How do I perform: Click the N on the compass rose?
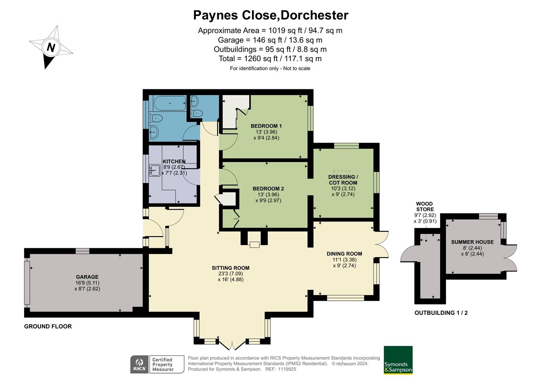click(51, 47)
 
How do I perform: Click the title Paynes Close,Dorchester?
click(270, 15)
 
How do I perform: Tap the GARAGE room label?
click(87, 277)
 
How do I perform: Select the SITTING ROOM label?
click(231, 268)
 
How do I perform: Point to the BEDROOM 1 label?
click(266, 126)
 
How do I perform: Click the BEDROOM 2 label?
click(268, 189)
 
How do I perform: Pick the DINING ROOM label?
click(344, 254)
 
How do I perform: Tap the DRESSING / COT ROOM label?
click(343, 180)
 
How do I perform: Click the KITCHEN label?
click(174, 161)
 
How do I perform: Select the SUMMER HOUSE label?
click(472, 242)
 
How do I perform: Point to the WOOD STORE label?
click(425, 206)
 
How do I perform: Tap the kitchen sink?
click(155, 170)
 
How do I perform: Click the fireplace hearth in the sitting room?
click(254, 244)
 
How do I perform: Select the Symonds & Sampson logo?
click(398, 360)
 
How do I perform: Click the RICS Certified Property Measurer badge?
click(157, 365)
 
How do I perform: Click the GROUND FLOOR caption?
click(48, 326)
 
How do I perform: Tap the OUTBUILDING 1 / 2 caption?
click(441, 313)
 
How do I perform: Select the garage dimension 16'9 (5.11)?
click(87, 283)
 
